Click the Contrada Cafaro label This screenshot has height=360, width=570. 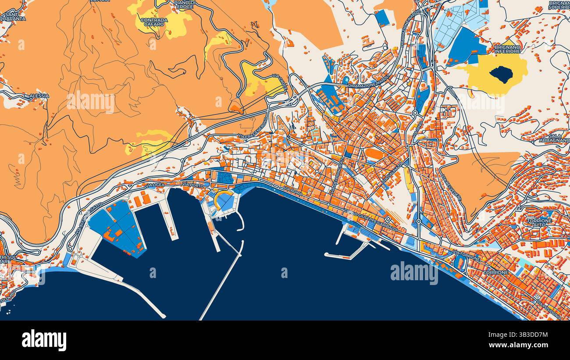tap(154, 22)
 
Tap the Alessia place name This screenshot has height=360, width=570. tap(39, 96)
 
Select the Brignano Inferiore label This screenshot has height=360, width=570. tap(507, 49)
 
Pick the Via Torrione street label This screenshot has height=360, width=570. tap(467, 256)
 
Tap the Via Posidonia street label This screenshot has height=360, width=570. tap(549, 310)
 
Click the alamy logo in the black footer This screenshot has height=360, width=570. tap(44, 340)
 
